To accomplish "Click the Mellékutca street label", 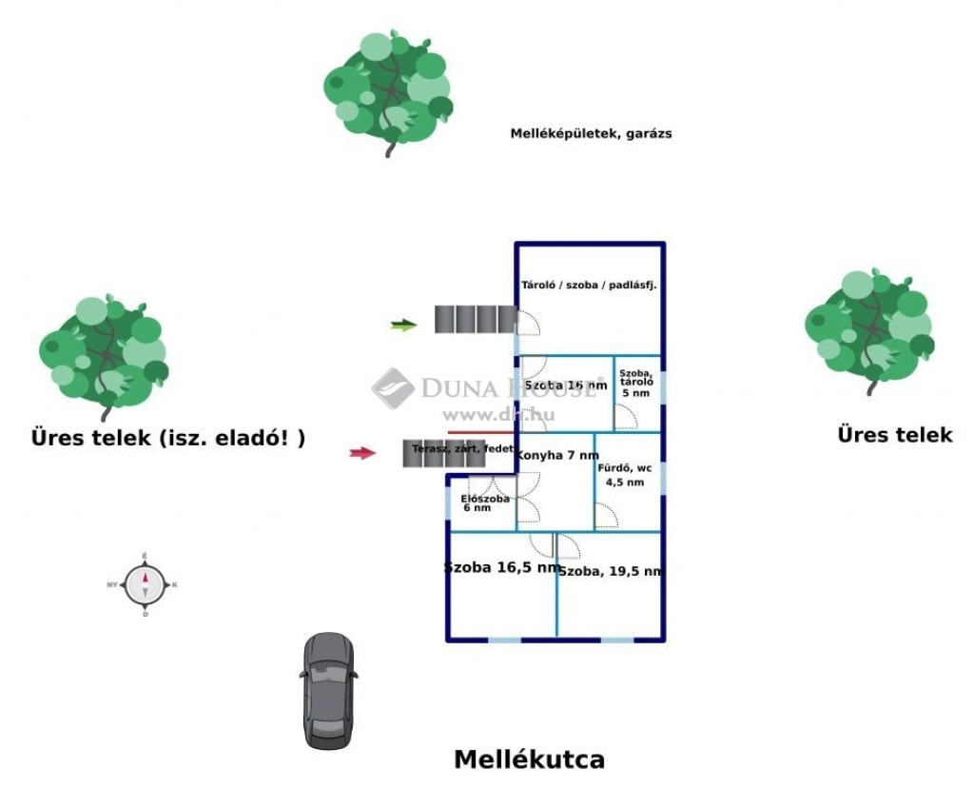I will pos(529,759).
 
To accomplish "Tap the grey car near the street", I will pos(328,689).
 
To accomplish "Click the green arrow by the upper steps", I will pos(404,325).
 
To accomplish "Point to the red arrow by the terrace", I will pos(362,453).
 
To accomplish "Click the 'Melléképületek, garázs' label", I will pos(591,134).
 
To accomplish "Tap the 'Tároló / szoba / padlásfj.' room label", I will pos(589,285).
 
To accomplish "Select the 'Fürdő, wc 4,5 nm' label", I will pos(625,475).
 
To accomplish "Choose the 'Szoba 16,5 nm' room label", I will pos(501,568).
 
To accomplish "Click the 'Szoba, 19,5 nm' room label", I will pos(610,572).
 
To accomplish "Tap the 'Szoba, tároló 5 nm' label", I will pos(635,383).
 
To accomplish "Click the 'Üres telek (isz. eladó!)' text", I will pos(168,439).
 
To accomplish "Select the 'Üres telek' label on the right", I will pos(894,435).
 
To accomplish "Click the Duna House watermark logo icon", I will pos(392,387).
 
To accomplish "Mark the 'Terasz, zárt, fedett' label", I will pos(463,447).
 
